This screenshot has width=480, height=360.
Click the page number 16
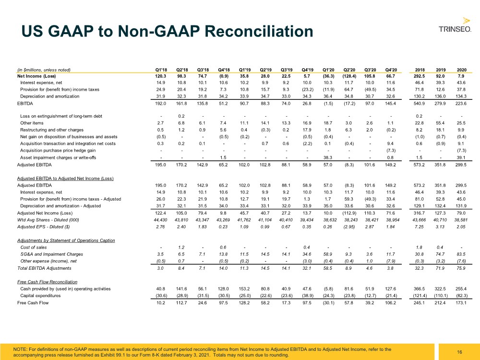pos(459,352)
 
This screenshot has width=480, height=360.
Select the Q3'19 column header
pos(286,70)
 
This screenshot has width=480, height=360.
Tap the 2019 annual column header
pos(441,70)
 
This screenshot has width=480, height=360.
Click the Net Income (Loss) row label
pos(36,76)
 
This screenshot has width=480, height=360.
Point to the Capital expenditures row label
pos(40,296)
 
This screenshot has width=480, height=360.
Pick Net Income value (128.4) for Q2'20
pos(349,76)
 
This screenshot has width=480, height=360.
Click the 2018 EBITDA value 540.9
pos(419,104)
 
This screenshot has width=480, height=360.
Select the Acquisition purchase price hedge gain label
pos(58,151)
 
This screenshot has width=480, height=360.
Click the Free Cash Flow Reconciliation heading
pos(47,282)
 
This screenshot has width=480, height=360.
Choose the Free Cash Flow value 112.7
pos(181,303)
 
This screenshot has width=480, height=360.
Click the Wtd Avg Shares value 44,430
pos(160,220)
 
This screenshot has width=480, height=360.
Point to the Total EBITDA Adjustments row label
pos(44,268)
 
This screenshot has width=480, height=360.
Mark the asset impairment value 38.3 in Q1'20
pos(327,157)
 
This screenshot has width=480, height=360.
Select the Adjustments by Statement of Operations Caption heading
pos(66,240)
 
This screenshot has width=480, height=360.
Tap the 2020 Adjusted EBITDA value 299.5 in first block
pos(461,165)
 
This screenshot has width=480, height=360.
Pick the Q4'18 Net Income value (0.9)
pos(223,76)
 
